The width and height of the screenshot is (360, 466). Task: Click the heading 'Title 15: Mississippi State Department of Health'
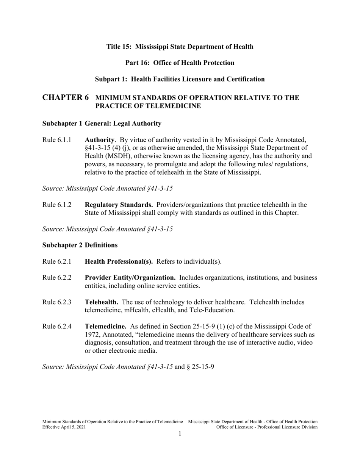(x=180, y=47)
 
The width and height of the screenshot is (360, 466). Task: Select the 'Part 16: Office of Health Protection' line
(x=180, y=63)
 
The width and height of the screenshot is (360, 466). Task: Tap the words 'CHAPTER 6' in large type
(x=66, y=98)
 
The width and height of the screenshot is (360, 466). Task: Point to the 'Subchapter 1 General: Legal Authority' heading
(x=102, y=124)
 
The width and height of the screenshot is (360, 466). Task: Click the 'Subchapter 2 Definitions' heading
(x=80, y=245)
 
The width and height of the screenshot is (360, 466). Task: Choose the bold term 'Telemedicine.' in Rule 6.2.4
(x=105, y=326)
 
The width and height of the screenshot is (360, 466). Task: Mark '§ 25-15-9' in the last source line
(x=201, y=367)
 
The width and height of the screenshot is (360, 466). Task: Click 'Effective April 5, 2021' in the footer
(x=64, y=427)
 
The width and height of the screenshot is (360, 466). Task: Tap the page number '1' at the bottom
(x=180, y=434)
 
